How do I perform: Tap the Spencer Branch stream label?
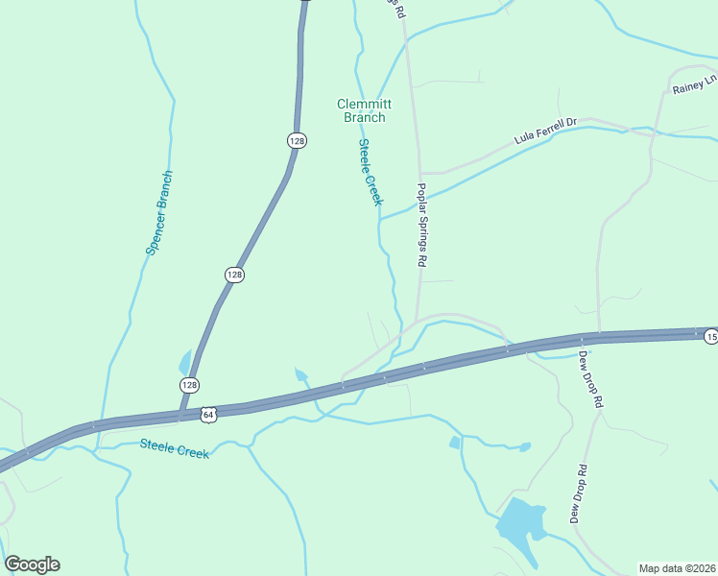(x=159, y=212)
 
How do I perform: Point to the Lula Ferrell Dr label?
(x=544, y=131)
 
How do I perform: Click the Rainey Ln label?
(x=694, y=86)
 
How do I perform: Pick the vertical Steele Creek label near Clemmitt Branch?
(x=371, y=172)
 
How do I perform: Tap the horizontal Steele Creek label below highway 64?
(x=174, y=447)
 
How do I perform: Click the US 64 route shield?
(x=209, y=414)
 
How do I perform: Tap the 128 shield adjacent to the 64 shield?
(x=190, y=384)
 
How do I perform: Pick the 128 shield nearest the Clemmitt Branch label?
(x=297, y=140)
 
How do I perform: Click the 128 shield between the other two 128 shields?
(x=235, y=275)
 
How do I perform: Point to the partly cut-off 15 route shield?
(x=711, y=336)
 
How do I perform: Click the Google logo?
(x=33, y=564)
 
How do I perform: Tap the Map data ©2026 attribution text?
(x=677, y=568)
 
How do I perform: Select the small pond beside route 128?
(x=184, y=363)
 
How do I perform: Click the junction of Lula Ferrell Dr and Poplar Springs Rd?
(x=419, y=174)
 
